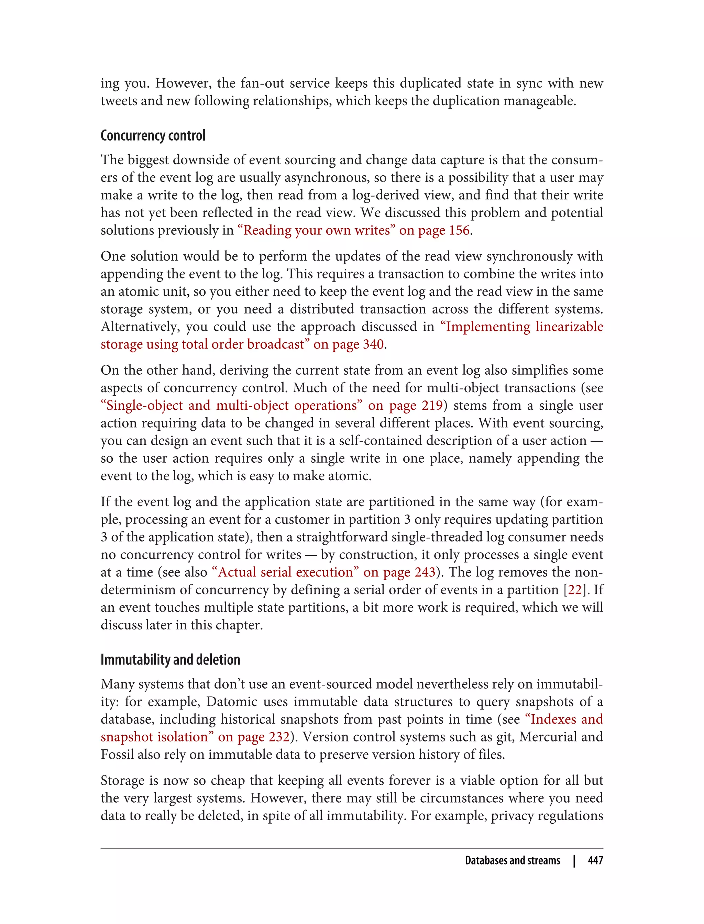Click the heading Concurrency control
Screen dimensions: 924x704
153,136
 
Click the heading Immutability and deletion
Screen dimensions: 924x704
170,660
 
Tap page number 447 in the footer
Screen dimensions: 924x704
595,860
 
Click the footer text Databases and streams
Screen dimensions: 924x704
512,860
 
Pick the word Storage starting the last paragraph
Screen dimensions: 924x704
124,780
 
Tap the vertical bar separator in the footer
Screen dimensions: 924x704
574,860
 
